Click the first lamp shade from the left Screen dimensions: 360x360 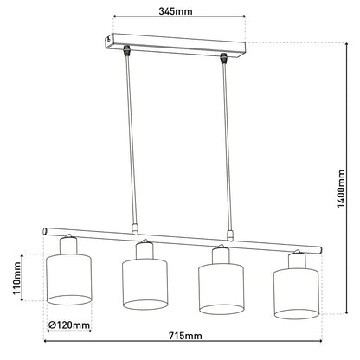67,277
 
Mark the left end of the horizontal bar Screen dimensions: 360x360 47,231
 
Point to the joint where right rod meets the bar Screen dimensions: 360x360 229,235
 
